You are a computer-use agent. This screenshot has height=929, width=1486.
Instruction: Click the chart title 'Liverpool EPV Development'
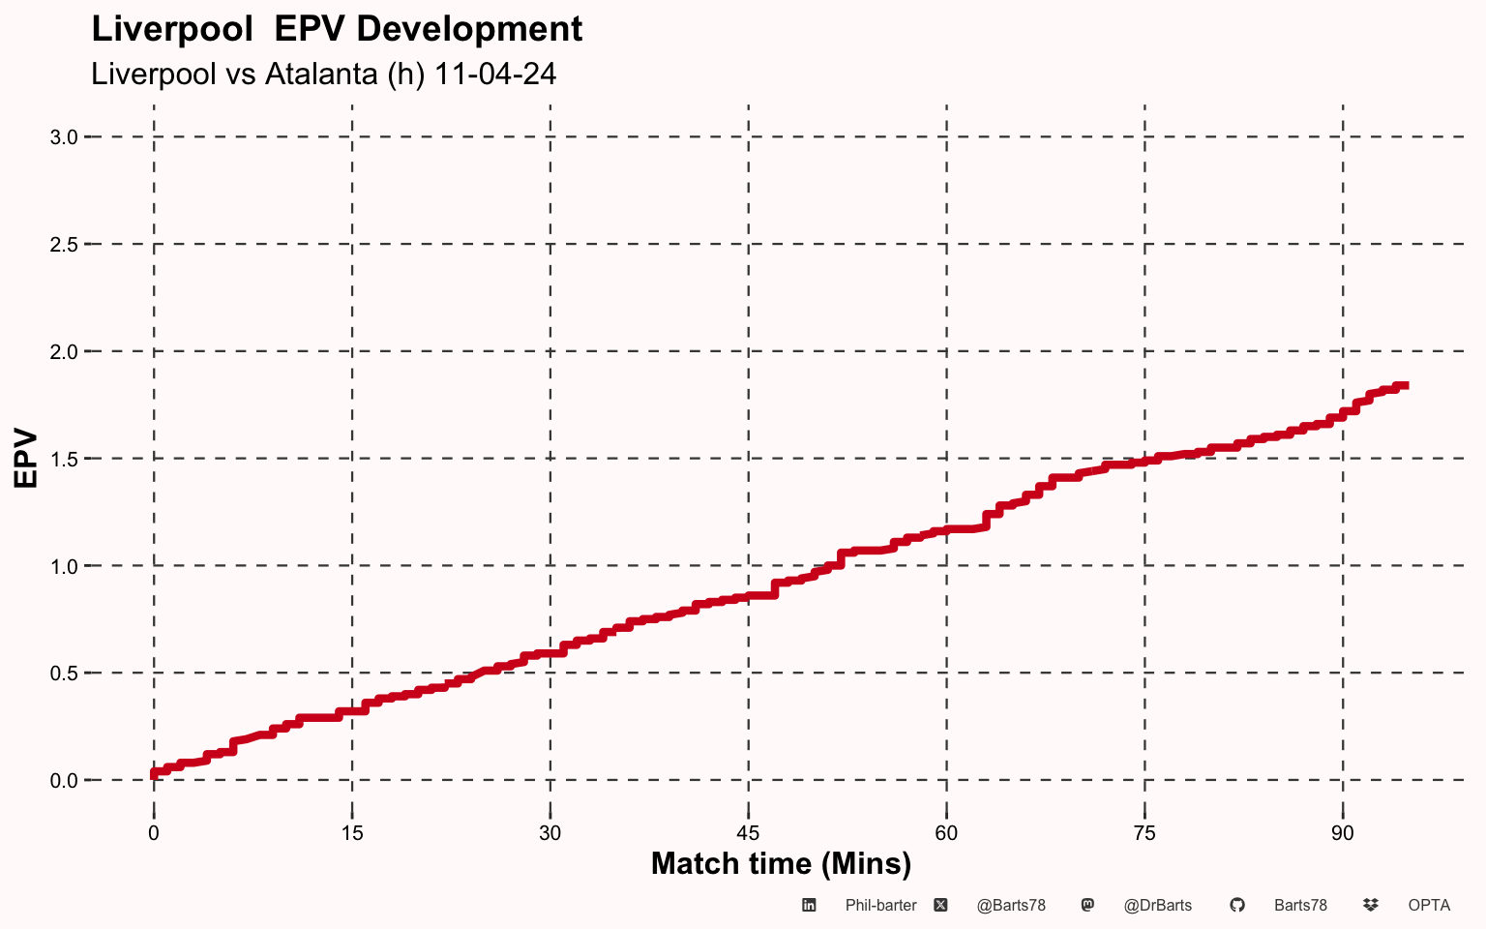[337, 29]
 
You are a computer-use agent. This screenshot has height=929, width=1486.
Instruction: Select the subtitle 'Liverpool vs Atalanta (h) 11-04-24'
[323, 74]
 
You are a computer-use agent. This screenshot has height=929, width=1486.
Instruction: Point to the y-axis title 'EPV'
[25, 458]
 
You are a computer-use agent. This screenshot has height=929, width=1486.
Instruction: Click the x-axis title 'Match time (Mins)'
[781, 863]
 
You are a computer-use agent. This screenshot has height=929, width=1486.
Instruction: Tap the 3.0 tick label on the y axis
[64, 137]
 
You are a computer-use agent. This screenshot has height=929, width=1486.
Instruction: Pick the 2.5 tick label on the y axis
[64, 245]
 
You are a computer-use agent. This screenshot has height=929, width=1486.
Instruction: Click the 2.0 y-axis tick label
[64, 351]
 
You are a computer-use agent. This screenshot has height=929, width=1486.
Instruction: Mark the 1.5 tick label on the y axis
[64, 459]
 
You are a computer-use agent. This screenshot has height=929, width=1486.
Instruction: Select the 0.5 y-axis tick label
[64, 673]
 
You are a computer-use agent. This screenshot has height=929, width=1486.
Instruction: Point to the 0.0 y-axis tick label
[64, 780]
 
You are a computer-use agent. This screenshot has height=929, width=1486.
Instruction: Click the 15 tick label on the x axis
[352, 833]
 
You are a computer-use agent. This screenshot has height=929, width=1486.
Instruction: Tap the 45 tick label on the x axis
[748, 833]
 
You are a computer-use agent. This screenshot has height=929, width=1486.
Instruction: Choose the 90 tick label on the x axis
[1343, 833]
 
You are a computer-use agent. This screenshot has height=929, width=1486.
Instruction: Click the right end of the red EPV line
[1406, 385]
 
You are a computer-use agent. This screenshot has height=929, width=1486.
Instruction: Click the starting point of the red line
[154, 773]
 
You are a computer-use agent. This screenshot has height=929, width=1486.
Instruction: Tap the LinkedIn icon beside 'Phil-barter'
[810, 906]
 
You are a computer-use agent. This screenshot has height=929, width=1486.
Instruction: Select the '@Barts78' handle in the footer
[1011, 906]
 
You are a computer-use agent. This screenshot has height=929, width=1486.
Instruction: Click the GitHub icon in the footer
[1236, 906]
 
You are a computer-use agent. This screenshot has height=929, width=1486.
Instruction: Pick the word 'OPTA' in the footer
[1429, 906]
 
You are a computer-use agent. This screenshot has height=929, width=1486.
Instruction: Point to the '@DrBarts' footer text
[1158, 906]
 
